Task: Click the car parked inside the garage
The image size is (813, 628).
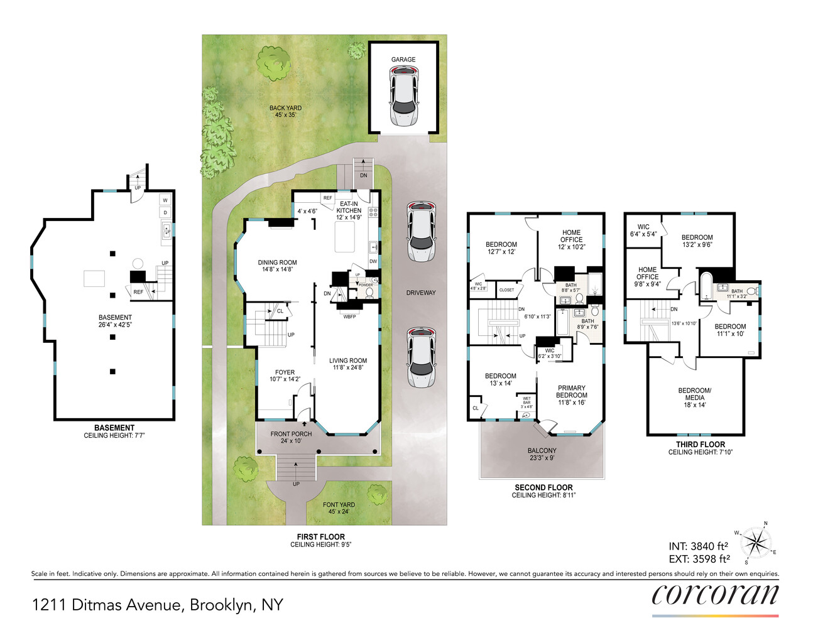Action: [403, 97]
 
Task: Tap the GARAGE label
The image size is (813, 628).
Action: [403, 60]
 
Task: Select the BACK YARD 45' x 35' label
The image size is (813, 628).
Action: [285, 112]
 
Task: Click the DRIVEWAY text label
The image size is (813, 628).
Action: [420, 293]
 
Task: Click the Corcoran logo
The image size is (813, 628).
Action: [715, 595]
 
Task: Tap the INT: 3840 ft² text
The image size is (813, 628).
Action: [698, 546]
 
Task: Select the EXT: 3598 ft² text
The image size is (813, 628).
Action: [699, 559]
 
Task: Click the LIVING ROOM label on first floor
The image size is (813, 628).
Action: [348, 364]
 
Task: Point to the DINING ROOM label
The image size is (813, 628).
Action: [277, 266]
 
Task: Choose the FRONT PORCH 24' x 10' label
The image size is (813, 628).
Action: [291, 437]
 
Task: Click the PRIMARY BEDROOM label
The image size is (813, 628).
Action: [571, 395]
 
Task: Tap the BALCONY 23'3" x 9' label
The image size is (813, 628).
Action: [542, 454]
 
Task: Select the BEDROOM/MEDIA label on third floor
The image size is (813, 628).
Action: [694, 398]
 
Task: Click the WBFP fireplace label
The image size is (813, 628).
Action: [349, 317]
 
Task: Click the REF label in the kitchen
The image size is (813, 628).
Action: [327, 198]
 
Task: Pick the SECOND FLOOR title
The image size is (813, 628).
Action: [543, 487]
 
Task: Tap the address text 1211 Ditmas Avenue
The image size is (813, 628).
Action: [157, 605]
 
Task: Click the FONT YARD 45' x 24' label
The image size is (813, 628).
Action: [339, 508]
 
